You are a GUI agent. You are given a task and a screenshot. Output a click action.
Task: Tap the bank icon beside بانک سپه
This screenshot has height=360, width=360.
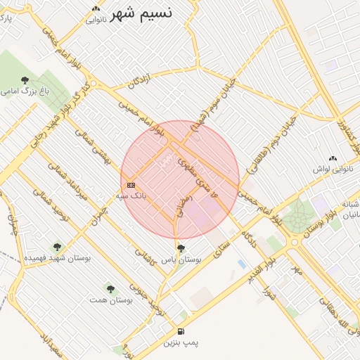click(131, 185)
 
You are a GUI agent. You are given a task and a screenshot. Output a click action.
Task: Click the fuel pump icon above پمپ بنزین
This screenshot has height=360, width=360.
click(181, 332)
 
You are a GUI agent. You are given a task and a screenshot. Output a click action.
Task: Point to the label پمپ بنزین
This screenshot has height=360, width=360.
click(181, 343)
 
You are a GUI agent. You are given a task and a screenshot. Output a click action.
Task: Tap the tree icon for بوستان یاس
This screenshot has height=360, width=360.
click(181, 248)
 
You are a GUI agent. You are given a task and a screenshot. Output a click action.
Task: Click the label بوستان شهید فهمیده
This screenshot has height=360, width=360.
click(57, 258)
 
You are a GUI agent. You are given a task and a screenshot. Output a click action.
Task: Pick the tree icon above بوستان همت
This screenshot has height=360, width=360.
click(110, 288)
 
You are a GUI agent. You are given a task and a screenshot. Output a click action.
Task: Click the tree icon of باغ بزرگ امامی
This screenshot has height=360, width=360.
click(25, 80)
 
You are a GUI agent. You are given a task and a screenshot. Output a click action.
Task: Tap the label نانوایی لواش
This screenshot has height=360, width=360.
click(332, 169)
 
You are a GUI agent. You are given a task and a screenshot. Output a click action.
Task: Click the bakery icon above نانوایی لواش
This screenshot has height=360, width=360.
click(333, 159)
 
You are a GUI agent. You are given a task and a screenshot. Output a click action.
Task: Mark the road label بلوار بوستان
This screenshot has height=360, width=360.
click(296, 208)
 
